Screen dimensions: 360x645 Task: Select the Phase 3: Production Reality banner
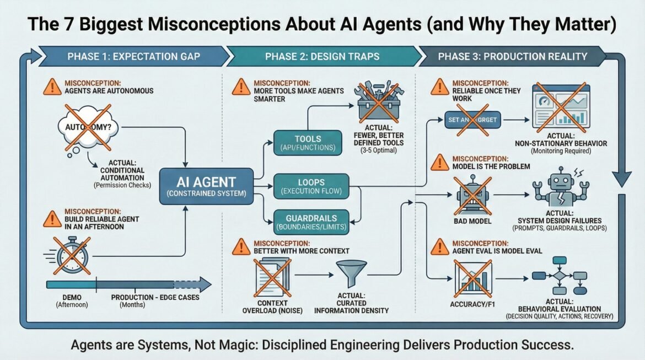click(x=513, y=56)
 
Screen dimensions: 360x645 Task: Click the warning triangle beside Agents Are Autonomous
click(x=51, y=86)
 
